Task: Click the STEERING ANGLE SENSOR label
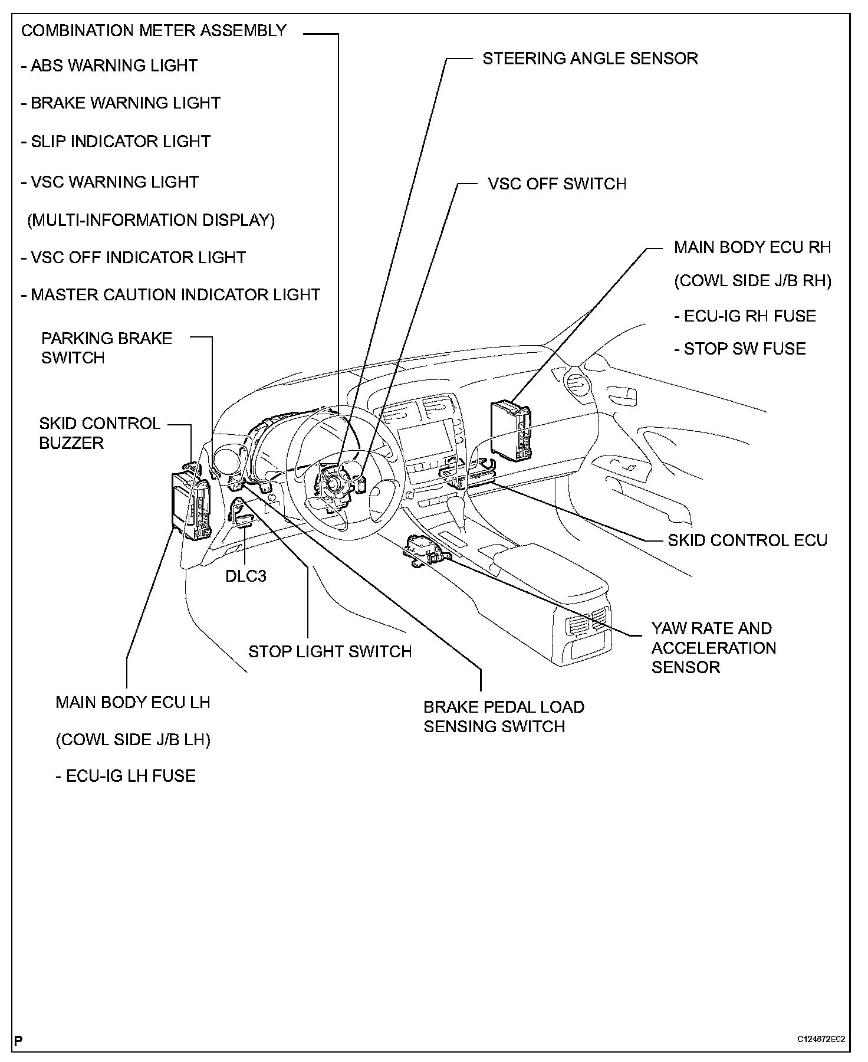click(x=590, y=58)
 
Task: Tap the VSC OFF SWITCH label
click(x=557, y=183)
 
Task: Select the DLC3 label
click(x=246, y=575)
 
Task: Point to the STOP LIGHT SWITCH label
click(x=330, y=651)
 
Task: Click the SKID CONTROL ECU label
click(x=747, y=540)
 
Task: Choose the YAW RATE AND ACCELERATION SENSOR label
click(x=713, y=647)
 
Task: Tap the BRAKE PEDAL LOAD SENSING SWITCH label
click(x=504, y=716)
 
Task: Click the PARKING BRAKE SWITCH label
click(x=106, y=348)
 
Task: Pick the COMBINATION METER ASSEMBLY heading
click(x=153, y=31)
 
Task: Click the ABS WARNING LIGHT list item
click(x=110, y=65)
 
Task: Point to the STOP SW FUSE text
click(x=740, y=349)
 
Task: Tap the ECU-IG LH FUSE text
click(x=126, y=775)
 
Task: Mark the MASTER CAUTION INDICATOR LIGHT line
click(x=170, y=294)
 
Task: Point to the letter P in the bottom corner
click(x=19, y=1040)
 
